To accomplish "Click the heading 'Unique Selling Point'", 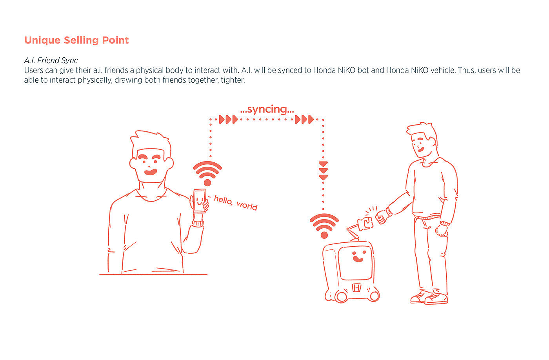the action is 76,40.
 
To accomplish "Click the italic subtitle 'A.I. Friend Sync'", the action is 51,60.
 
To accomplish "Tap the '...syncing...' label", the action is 267,109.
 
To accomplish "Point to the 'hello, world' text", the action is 236,203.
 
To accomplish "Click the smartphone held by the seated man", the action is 199,201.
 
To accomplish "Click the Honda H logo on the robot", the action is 356,287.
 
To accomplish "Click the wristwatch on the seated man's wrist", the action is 198,223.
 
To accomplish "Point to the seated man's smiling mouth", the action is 151,172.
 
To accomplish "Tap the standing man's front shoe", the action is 436,298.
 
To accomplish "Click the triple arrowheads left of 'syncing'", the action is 228,119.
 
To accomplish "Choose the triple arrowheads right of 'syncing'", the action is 304,119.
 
